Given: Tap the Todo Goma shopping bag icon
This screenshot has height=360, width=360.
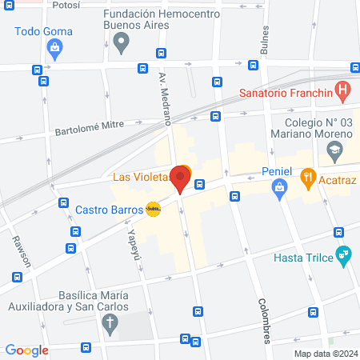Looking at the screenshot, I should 54,50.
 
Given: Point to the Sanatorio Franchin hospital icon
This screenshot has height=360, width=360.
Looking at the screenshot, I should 342,90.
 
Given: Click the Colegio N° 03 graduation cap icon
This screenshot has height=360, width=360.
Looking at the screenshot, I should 337,150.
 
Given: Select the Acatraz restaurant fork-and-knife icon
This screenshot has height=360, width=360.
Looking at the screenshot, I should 307,178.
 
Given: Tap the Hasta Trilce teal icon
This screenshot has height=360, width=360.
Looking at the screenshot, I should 345,257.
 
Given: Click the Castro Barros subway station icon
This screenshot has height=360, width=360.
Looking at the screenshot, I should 154,210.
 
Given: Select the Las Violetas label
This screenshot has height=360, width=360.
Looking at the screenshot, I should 139,176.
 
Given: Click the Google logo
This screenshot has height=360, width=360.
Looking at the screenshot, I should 27,350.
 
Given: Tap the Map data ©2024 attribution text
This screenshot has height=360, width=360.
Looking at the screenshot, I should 324,354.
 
